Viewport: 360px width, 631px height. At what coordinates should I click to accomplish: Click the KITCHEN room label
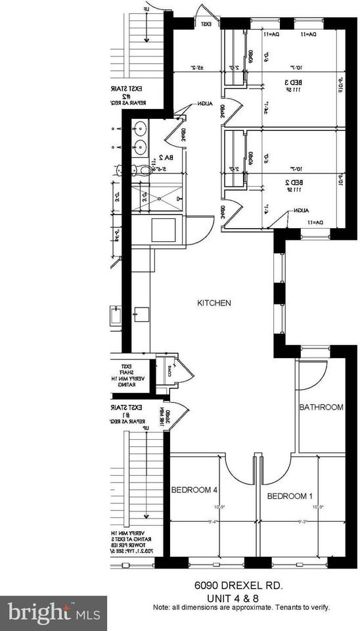pos(214,303)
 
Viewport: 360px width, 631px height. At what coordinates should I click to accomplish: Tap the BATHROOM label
pos(321,408)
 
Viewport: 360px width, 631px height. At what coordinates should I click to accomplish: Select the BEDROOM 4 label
pos(194,490)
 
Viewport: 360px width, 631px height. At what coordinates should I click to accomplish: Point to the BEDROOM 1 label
pos(289,496)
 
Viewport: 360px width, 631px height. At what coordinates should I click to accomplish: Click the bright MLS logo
pos(53,613)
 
